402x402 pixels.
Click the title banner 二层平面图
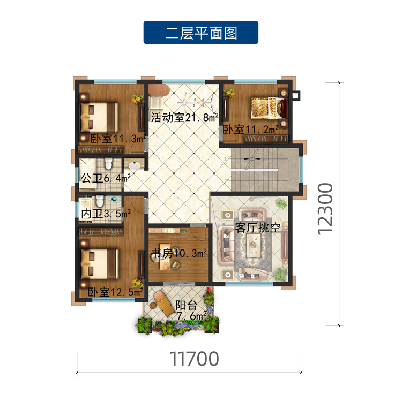point(201,33)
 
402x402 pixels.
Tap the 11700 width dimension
point(195,359)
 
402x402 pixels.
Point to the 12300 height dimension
point(325,209)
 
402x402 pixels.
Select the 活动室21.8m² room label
point(184,117)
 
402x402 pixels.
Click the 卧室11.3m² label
point(118,139)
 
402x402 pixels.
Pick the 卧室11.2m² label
point(250,130)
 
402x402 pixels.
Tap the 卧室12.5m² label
point(116,292)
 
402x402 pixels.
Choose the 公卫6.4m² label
point(106,178)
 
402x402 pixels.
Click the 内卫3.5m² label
point(106,214)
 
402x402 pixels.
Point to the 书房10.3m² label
point(178,253)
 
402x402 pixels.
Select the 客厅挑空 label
point(257,227)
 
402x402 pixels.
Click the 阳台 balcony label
point(187,305)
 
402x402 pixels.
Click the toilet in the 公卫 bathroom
point(109,164)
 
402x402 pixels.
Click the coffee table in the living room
point(254,245)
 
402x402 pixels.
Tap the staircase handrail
point(254,170)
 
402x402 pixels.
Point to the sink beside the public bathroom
point(134,165)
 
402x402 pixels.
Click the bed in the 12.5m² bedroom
point(99,264)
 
